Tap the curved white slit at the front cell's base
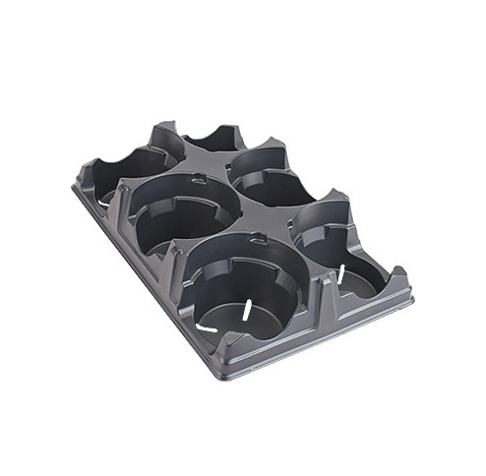(211, 324)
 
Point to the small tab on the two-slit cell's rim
(259, 237)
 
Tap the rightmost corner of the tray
(412, 301)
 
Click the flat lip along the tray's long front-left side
(143, 285)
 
